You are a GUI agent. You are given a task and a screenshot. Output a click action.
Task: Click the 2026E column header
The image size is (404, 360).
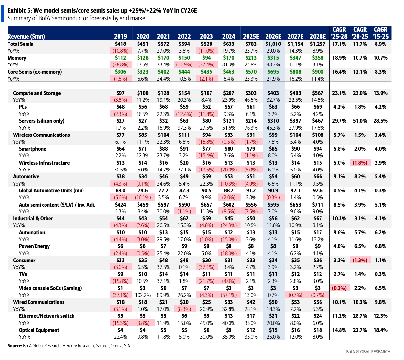(273, 36)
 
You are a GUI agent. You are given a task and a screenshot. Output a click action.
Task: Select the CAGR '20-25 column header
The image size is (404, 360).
(360, 33)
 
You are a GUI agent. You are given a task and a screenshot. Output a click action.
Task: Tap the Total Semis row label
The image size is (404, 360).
(20, 44)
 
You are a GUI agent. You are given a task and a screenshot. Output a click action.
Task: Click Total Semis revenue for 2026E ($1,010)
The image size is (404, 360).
(273, 44)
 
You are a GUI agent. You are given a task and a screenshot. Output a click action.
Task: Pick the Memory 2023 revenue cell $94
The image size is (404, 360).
(206, 58)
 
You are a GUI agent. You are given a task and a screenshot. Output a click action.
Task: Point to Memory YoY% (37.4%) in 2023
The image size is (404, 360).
(206, 65)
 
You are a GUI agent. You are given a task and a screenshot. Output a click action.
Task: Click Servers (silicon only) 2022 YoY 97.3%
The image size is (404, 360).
(184, 128)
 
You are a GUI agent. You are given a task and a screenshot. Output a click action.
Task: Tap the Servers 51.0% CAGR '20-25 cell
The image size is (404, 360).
(360, 121)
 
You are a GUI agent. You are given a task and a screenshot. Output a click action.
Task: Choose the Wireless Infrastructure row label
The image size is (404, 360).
(44, 163)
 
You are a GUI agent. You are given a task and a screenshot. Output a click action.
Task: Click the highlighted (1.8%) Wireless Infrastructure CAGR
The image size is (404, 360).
(360, 163)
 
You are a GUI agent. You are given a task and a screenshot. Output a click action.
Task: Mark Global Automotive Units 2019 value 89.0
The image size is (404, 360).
(120, 190)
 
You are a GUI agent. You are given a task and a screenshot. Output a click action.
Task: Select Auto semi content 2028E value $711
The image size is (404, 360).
(317, 205)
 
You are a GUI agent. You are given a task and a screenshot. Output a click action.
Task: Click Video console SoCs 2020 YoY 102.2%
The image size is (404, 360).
(143, 295)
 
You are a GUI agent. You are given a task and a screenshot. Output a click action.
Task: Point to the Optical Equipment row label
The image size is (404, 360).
(39, 330)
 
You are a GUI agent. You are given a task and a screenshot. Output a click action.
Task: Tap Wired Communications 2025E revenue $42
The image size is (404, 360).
(251, 302)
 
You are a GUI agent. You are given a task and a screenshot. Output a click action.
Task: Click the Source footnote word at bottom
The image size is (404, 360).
(15, 346)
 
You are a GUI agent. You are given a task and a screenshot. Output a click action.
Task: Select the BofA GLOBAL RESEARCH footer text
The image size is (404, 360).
(368, 352)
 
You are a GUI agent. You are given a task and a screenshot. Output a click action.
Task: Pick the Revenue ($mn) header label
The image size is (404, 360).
(26, 36)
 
